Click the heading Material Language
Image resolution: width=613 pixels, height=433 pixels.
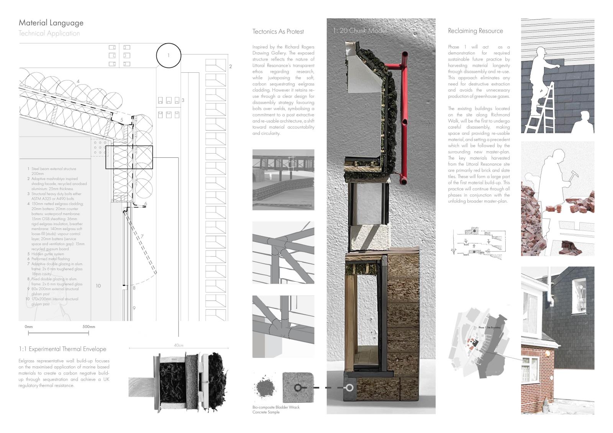(x=51, y=23)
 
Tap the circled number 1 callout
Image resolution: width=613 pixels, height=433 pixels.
(x=168, y=56)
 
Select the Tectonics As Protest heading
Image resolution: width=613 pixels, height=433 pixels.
(x=278, y=31)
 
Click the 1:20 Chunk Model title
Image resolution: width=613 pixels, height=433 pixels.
(x=359, y=31)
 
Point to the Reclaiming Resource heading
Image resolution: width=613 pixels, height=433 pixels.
(x=475, y=31)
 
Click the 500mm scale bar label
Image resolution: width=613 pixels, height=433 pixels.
(x=89, y=327)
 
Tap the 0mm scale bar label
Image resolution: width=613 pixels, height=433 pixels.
(x=29, y=327)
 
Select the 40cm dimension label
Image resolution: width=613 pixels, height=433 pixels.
(x=179, y=345)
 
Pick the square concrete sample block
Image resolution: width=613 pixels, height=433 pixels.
(x=298, y=387)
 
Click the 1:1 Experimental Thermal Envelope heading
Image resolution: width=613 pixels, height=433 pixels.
(x=62, y=349)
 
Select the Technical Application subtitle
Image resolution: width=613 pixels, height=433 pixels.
(x=49, y=33)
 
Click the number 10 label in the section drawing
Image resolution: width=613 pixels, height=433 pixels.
(x=98, y=286)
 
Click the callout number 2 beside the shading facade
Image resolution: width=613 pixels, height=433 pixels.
(x=230, y=67)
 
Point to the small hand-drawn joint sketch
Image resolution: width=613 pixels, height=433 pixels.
(x=479, y=242)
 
